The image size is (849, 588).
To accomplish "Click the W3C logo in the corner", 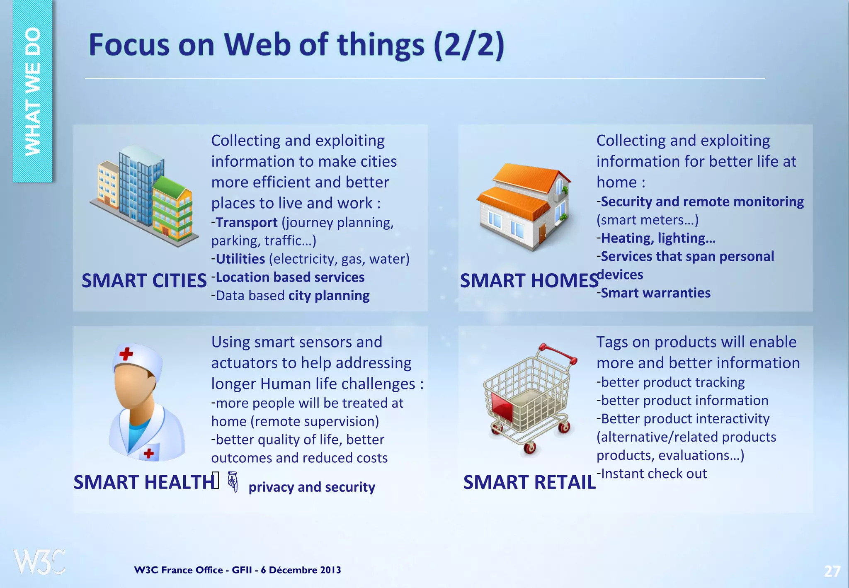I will click(x=39, y=561).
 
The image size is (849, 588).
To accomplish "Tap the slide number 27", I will click(x=832, y=571).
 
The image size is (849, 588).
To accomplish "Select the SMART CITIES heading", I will click(x=144, y=281).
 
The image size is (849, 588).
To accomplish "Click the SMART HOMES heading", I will click(x=529, y=281).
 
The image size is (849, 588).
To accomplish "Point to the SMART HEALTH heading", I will click(x=143, y=482).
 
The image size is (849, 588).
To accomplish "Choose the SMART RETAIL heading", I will click(x=529, y=482).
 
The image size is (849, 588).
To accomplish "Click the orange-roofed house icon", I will click(x=523, y=206).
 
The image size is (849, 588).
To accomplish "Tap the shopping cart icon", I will click(x=529, y=398).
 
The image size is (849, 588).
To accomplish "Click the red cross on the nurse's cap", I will click(x=126, y=354).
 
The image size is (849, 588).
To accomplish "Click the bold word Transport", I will click(x=247, y=223).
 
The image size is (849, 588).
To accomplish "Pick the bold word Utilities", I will click(x=240, y=259).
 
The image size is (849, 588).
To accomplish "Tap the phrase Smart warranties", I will click(x=655, y=293).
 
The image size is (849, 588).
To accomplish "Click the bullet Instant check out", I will click(x=654, y=474).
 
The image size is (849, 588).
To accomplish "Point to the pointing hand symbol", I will click(x=233, y=482).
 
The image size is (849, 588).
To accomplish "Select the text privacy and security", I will click(x=312, y=487).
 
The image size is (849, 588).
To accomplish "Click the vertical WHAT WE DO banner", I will click(x=32, y=91).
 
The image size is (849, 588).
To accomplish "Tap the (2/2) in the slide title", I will click(x=469, y=45).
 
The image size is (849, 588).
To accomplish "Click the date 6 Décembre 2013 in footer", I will click(x=301, y=570).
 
